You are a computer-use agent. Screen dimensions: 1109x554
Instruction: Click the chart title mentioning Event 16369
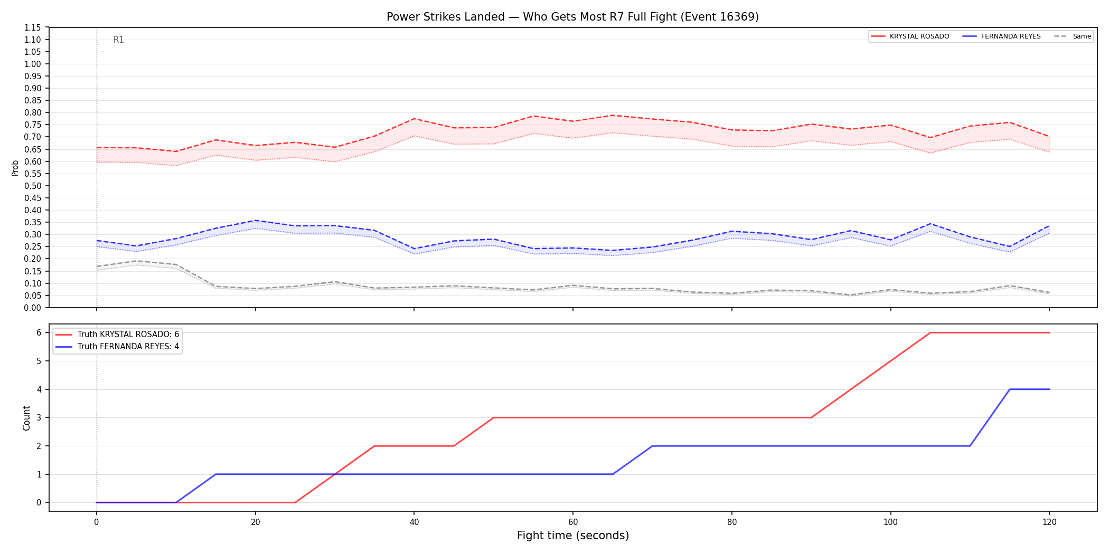(572, 17)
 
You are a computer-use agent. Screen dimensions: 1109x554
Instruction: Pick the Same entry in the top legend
(1073, 36)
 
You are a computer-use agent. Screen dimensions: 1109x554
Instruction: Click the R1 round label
(118, 40)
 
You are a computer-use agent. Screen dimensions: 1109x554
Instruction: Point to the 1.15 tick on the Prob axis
(33, 27)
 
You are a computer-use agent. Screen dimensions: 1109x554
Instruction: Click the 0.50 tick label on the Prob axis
(33, 186)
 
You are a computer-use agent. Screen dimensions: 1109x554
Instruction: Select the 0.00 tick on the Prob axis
(33, 308)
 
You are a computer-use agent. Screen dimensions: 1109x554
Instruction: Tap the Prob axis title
(15, 168)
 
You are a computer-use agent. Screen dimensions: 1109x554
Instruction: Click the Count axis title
(26, 418)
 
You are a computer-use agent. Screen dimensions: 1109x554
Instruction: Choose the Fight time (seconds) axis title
(573, 536)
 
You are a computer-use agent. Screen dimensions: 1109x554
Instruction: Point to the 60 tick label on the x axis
(573, 522)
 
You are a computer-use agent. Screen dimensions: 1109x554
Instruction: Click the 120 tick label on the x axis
(1049, 522)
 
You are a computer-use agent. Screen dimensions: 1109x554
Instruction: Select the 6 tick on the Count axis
(39, 332)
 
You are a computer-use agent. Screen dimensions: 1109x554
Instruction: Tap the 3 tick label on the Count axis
(39, 417)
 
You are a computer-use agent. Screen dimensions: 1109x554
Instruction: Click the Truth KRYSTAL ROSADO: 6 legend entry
(117, 335)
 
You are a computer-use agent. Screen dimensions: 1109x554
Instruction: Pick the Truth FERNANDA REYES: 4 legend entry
(117, 347)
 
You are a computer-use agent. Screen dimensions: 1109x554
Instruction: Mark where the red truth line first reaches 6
(930, 332)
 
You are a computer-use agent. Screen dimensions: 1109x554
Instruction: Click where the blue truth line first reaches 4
(1010, 389)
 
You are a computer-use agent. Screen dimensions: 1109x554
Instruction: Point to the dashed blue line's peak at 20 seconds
(256, 221)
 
